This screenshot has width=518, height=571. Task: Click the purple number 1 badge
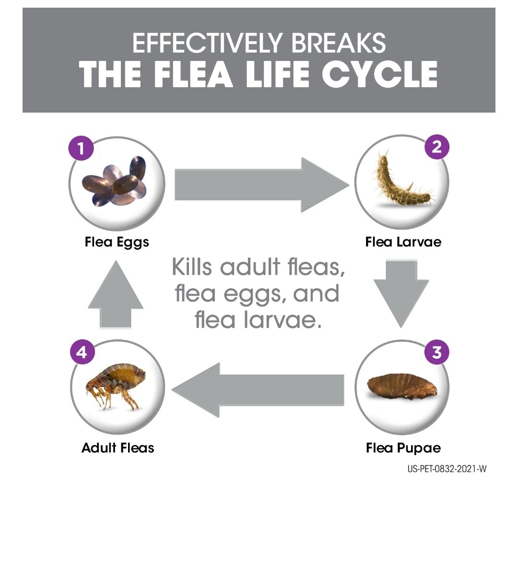click(x=81, y=148)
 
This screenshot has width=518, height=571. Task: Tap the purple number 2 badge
click(x=436, y=147)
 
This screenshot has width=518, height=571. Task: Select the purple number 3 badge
click(x=436, y=352)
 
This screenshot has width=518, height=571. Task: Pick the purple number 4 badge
click(x=82, y=352)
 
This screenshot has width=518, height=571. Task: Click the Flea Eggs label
click(x=117, y=242)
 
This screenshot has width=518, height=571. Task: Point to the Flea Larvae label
click(x=403, y=242)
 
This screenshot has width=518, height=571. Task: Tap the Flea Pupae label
click(x=403, y=448)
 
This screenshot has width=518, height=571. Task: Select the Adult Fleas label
click(x=118, y=448)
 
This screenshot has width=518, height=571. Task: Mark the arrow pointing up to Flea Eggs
click(x=116, y=295)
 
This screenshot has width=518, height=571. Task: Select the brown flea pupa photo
click(x=402, y=386)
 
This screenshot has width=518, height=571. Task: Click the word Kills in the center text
click(x=192, y=267)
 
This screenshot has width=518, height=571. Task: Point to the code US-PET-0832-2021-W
click(x=447, y=469)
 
